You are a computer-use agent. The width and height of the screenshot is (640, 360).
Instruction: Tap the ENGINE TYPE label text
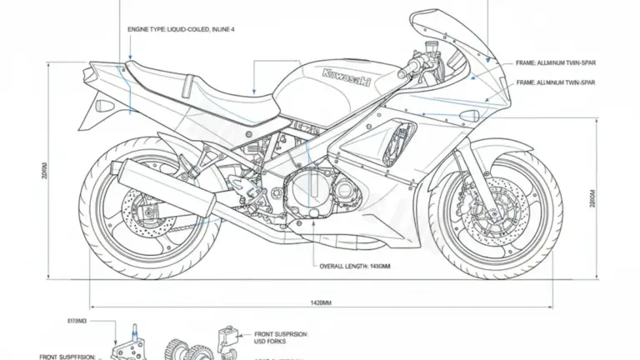click(180, 29)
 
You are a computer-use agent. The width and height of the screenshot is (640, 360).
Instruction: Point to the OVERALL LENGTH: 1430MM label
click(355, 266)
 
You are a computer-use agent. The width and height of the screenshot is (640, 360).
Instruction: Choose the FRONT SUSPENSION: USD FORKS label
click(280, 337)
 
